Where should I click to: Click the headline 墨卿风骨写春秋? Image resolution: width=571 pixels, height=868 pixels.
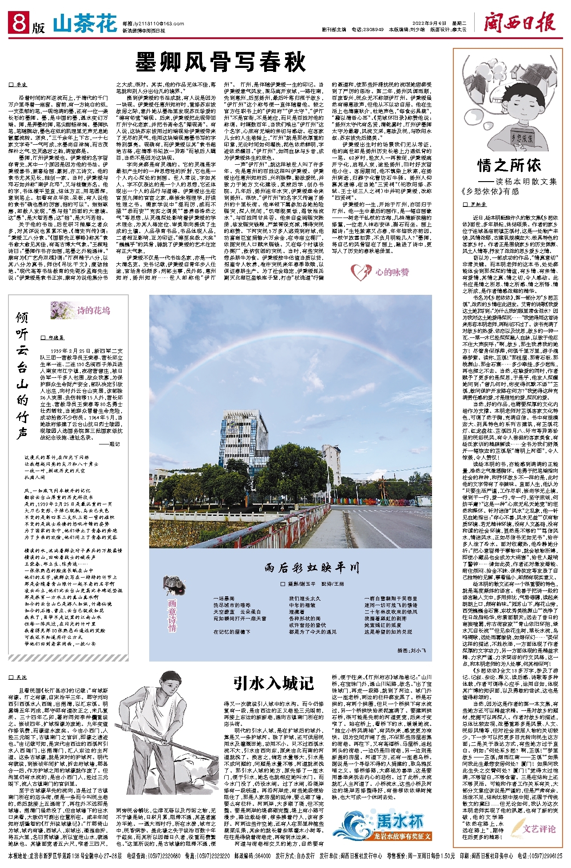click(x=221, y=61)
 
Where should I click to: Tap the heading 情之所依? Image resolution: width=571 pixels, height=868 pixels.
click(x=509, y=166)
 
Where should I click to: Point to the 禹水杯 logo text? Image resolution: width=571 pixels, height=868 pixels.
click(x=399, y=821)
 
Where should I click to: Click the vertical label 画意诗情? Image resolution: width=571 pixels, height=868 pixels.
click(x=172, y=615)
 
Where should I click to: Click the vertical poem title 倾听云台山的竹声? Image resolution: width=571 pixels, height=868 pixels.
click(x=22, y=375)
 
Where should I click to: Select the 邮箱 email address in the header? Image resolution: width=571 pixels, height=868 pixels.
click(x=147, y=24)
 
